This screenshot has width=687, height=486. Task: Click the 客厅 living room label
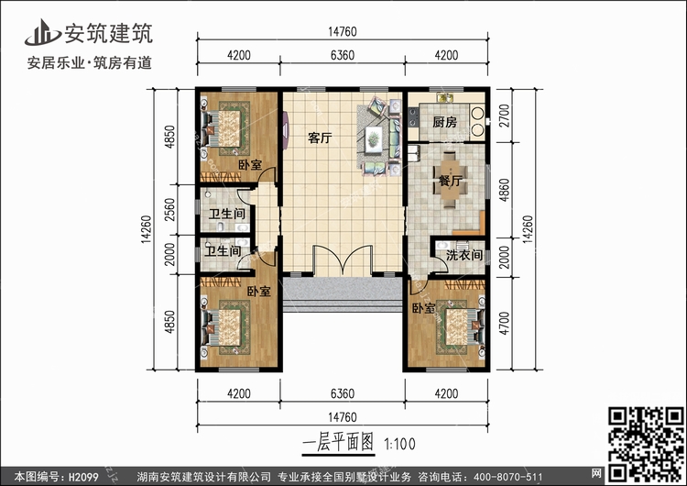(320, 138)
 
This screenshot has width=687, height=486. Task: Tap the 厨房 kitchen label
(444, 122)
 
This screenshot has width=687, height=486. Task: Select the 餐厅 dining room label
(450, 181)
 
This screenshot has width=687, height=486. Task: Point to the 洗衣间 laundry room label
(464, 255)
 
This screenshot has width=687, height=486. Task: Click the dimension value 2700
(505, 116)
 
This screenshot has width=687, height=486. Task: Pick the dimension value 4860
(505, 190)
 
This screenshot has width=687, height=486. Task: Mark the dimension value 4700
(505, 324)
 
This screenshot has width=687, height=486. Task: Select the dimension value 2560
(170, 210)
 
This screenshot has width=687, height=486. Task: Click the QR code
(646, 444)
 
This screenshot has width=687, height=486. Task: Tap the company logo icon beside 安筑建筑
(42, 32)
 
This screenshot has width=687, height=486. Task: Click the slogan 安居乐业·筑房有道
(90, 62)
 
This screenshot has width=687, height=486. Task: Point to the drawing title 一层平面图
(338, 443)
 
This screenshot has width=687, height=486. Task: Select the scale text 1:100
(400, 445)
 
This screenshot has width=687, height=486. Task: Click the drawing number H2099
(82, 477)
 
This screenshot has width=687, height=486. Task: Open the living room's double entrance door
(343, 261)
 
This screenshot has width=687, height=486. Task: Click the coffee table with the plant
(374, 139)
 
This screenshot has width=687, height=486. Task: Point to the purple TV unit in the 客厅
(286, 130)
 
